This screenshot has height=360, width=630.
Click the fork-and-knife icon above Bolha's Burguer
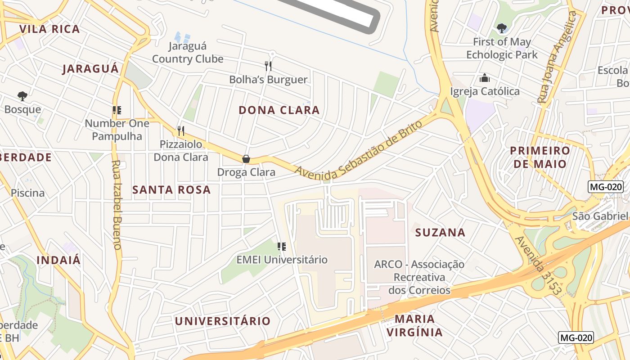click(x=268, y=66)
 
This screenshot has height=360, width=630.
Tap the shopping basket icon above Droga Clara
click(x=246, y=159)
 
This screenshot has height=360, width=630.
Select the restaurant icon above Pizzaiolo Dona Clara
click(x=181, y=131)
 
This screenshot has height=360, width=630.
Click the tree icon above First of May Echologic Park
click(x=502, y=29)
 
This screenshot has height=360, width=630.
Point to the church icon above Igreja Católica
click(x=485, y=78)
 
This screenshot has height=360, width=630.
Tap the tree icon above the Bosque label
click(x=22, y=96)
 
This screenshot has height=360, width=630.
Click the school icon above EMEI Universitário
click(x=282, y=246)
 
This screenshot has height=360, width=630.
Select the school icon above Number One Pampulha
click(x=117, y=110)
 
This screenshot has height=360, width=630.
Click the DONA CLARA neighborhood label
click(x=279, y=110)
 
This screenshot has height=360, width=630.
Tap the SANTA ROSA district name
click(x=171, y=190)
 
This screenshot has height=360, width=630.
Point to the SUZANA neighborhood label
click(x=440, y=233)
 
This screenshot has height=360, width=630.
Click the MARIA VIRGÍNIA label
click(x=414, y=326)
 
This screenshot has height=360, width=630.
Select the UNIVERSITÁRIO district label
click(x=223, y=321)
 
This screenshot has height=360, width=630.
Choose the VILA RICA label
click(x=49, y=29)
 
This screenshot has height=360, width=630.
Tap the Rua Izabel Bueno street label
click(x=116, y=205)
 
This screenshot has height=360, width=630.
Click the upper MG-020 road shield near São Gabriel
click(x=605, y=187)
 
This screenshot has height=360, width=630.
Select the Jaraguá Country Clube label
click(x=188, y=53)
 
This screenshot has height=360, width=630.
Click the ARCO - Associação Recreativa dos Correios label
click(x=419, y=277)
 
